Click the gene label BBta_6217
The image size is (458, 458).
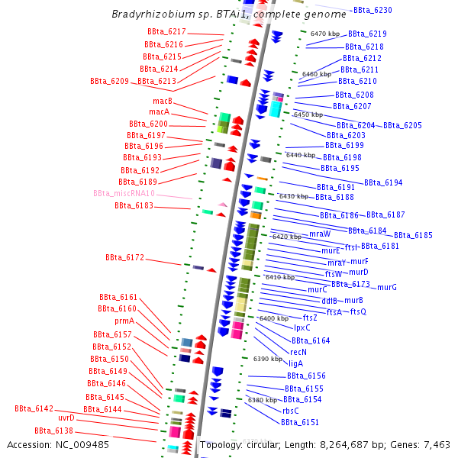click(x=166, y=31)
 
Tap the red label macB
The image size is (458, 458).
click(x=163, y=101)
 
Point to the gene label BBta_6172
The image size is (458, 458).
click(x=124, y=258)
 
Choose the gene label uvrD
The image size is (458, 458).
click(x=66, y=418)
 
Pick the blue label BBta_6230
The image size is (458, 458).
click(x=373, y=10)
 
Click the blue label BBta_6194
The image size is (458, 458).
click(x=383, y=182)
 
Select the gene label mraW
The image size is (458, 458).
click(x=320, y=234)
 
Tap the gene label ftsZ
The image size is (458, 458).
click(x=310, y=318)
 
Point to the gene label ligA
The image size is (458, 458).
click(x=296, y=363)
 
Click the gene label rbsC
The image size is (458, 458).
click(x=291, y=410)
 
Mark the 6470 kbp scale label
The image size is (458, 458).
click(x=326, y=34)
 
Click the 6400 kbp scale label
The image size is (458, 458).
click(x=273, y=318)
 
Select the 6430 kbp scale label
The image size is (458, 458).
click(x=294, y=196)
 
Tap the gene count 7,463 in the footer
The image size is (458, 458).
click(x=434, y=444)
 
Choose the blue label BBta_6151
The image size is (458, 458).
click(x=299, y=422)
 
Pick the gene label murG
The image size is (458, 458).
click(x=387, y=287)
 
